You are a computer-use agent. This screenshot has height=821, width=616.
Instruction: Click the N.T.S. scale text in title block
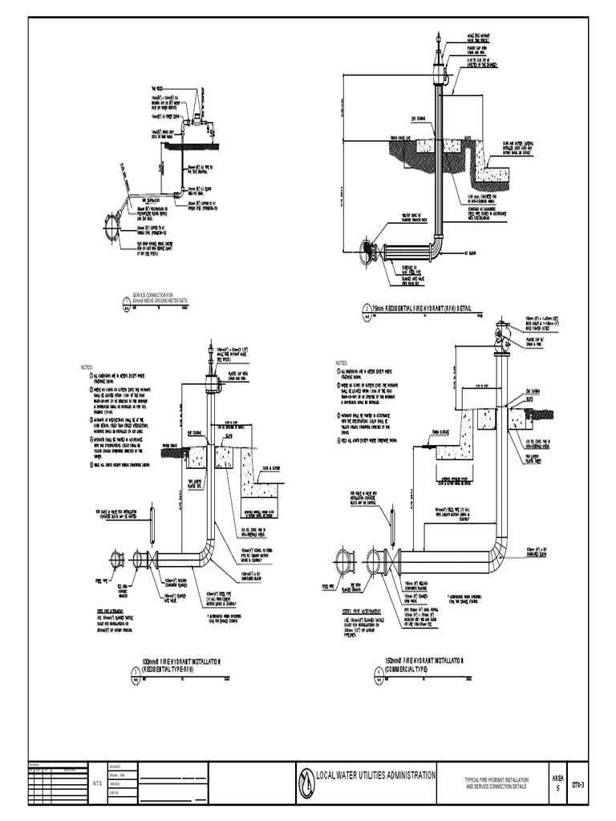tap(97, 783)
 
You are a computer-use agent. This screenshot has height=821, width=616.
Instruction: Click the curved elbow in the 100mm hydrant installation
tap(207, 552)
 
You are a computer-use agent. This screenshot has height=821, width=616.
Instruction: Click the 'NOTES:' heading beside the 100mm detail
tap(87, 367)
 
